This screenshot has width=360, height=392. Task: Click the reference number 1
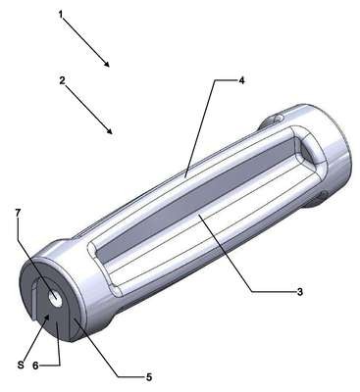(61, 15)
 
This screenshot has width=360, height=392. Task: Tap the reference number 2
(62, 80)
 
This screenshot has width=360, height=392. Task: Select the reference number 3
(299, 291)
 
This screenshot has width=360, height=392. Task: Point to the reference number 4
(241, 80)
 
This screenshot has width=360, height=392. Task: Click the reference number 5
(149, 377)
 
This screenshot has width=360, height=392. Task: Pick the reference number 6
(35, 366)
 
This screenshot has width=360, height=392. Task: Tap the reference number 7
(18, 213)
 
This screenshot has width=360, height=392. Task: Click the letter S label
(21, 365)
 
